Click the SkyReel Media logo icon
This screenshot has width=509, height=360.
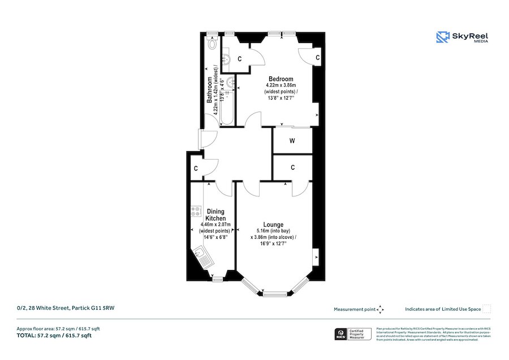pos(442,37)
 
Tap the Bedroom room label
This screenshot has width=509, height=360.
pos(281,79)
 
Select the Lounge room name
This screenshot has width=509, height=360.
pos(273,224)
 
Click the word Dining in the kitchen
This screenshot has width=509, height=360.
pos(215,212)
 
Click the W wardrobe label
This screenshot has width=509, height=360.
pos(292,141)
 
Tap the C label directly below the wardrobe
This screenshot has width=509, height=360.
pos(292,168)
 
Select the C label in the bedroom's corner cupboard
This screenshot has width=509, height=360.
pos(318,58)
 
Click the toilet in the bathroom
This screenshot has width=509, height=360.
pos(213,43)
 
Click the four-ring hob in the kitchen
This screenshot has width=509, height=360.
pos(196,211)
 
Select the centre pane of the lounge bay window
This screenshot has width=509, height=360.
pos(274,293)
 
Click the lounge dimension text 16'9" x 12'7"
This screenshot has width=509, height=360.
pos(273,245)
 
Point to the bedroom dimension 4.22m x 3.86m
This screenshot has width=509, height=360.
pos(281,85)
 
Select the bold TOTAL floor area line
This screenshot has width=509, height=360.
pos(54,336)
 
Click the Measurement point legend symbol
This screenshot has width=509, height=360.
pos(381,309)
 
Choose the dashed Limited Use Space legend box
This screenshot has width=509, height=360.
pos(487,308)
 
